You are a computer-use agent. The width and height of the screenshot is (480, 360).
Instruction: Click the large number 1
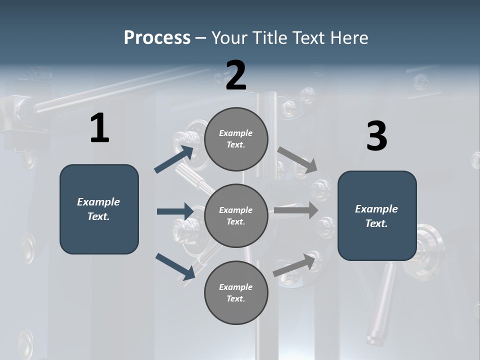99,128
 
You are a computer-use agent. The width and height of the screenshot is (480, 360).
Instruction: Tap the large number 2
236,75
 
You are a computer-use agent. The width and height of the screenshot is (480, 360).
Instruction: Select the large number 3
376,136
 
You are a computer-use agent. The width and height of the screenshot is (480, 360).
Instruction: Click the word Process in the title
157,37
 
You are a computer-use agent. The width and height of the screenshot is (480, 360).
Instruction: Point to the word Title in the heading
268,37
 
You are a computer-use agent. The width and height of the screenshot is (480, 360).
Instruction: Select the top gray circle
236,139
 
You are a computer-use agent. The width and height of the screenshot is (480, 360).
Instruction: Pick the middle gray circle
236,215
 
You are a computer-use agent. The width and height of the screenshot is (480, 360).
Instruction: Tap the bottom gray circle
236,292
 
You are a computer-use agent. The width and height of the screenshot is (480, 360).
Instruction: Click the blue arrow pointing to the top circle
174,159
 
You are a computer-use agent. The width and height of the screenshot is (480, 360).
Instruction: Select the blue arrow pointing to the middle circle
175,211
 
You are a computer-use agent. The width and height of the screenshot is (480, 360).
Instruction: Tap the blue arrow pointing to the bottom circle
175,266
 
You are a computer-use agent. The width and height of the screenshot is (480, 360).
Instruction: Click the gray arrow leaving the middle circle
296,210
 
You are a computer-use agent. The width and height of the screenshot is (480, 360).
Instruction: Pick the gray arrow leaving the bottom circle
294,265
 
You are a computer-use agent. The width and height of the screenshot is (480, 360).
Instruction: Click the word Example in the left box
98,202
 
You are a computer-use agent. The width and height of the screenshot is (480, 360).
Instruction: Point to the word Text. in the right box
376,223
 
